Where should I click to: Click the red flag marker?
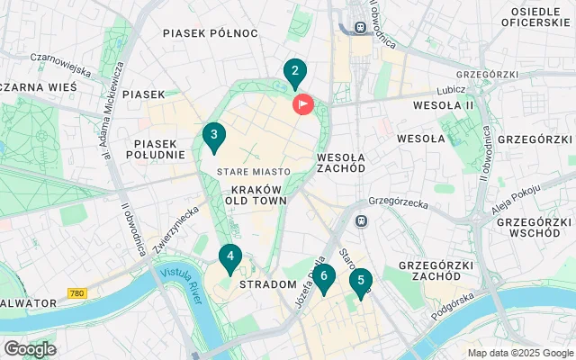point(303,104)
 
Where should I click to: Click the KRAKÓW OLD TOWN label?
point(258,194)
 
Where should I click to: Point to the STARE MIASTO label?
point(253,171)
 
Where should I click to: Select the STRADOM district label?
point(268,284)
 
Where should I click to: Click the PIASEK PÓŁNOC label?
point(211,33)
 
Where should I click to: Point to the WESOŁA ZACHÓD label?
point(341,162)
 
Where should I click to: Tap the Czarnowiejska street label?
point(61,61)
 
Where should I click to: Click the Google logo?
point(30,348)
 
